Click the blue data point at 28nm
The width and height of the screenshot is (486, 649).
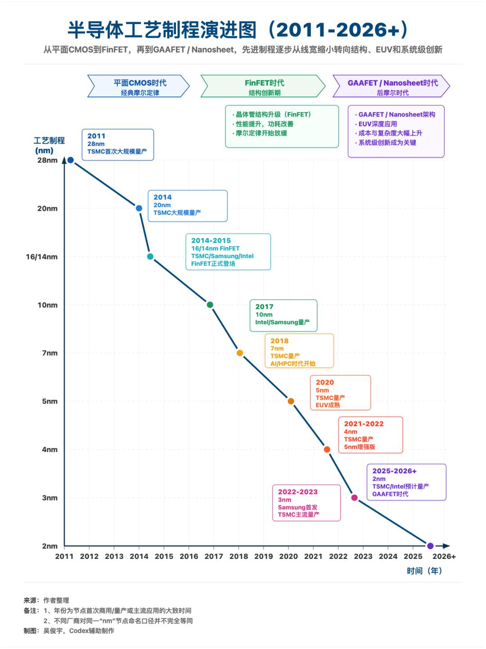click(x=70, y=160)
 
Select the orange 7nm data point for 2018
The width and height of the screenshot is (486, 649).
click(x=240, y=353)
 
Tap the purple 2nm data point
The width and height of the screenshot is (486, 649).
click(x=430, y=546)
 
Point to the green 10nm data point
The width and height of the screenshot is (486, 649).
click(x=210, y=304)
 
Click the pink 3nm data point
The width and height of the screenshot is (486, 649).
click(x=355, y=498)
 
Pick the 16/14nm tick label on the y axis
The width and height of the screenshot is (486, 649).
click(x=42, y=257)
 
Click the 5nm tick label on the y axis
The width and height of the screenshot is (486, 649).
click(x=49, y=401)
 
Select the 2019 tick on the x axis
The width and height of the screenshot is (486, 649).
click(x=264, y=556)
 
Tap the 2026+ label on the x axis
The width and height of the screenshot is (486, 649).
click(x=444, y=556)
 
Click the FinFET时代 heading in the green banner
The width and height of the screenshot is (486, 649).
click(x=265, y=83)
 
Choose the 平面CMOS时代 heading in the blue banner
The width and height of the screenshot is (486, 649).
click(x=140, y=83)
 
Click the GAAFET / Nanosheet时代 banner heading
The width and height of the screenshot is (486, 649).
click(x=393, y=83)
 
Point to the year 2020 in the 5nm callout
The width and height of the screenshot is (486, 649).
click(x=325, y=382)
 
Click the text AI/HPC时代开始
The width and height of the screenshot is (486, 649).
click(x=293, y=363)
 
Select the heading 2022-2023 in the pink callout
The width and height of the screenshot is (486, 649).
click(x=297, y=492)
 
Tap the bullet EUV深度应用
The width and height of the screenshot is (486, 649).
click(x=378, y=124)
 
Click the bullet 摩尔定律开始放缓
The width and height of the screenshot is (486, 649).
click(x=261, y=133)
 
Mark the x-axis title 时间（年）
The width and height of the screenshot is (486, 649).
click(x=424, y=571)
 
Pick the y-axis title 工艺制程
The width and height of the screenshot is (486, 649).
click(x=49, y=141)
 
